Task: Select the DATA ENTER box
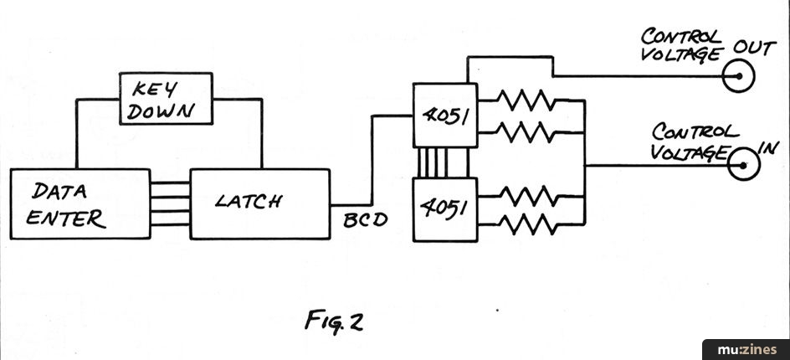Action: click(x=80, y=203)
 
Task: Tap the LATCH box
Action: click(x=259, y=203)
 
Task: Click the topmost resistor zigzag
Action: click(x=526, y=101)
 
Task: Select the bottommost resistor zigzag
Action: click(x=526, y=223)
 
